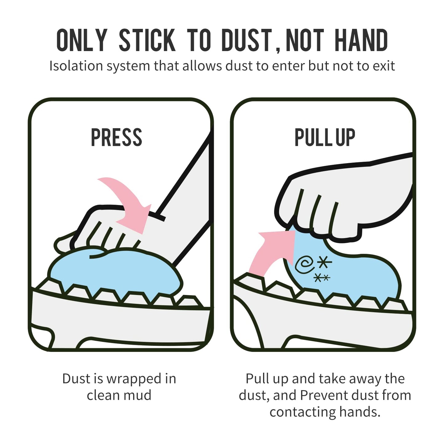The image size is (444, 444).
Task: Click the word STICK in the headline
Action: tap(147, 40)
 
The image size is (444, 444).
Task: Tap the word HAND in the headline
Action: tap(361, 40)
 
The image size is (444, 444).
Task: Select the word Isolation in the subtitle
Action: tap(76, 66)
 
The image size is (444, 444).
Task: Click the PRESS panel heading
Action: tap(116, 137)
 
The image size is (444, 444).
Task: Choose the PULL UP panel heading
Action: tap(325, 137)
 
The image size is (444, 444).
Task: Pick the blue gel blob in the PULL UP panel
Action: tap(353, 273)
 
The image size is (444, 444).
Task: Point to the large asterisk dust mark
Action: tap(324, 263)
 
